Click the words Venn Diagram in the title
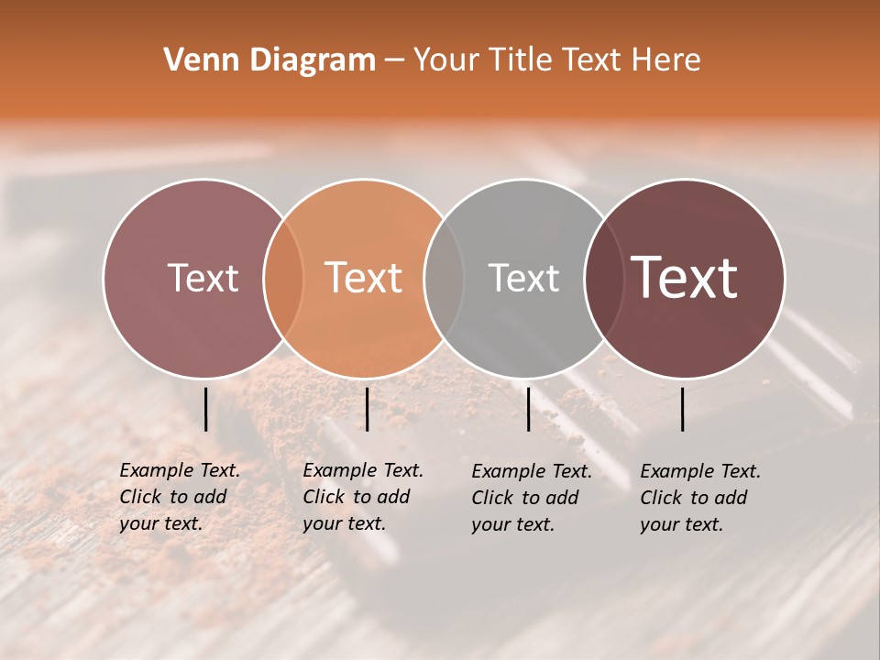[x=269, y=60]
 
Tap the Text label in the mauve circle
[x=203, y=278]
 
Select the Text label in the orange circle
[x=364, y=278]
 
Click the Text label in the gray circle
[x=523, y=278]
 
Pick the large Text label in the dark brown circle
[x=684, y=277]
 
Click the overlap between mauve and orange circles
[x=283, y=279]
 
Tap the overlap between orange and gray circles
[x=444, y=279]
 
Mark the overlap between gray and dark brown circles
[x=604, y=279]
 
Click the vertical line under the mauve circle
[x=205, y=409]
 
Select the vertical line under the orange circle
[x=367, y=409]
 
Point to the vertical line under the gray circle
[x=528, y=409]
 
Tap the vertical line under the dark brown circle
[x=683, y=409]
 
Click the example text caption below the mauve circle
[x=179, y=497]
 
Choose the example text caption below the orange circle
[x=362, y=497]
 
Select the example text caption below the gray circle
[x=531, y=498]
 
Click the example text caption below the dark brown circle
[x=699, y=498]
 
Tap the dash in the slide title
[x=394, y=60]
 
